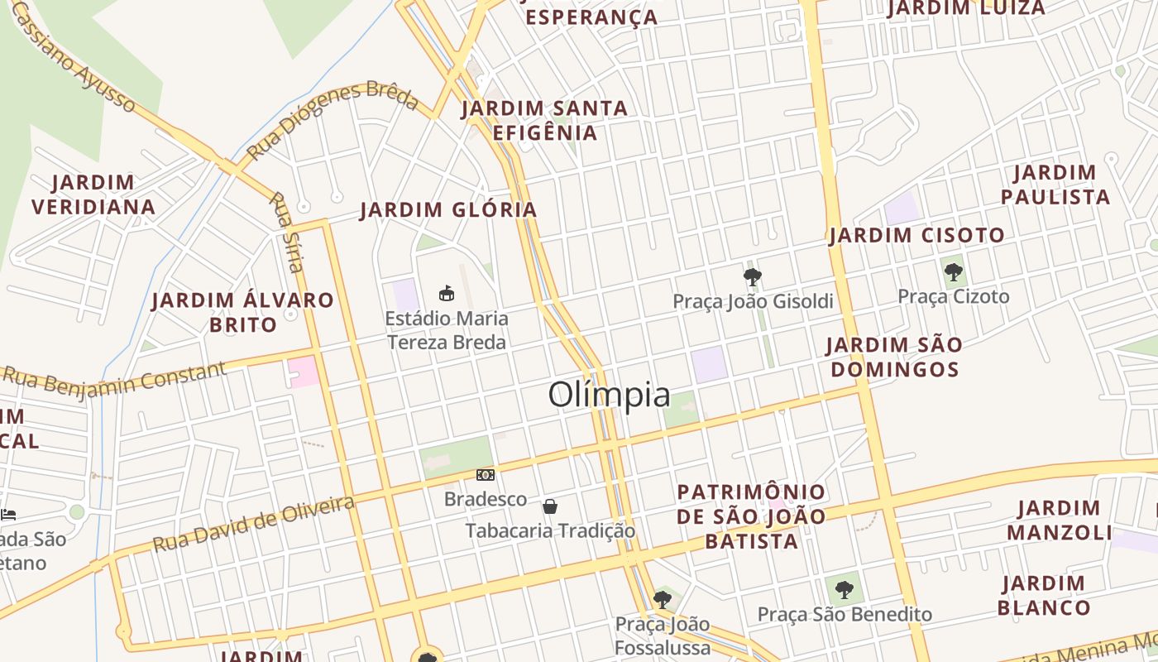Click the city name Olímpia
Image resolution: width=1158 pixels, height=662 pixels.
click(609, 395)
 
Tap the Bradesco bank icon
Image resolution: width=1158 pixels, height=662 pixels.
click(486, 475)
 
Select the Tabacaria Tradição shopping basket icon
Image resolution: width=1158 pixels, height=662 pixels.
click(550, 506)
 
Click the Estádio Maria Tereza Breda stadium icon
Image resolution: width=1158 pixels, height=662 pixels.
click(447, 293)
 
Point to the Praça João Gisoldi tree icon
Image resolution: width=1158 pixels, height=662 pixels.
click(752, 276)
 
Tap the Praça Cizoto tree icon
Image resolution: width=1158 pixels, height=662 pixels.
click(954, 271)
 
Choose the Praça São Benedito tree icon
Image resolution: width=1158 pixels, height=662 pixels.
click(844, 590)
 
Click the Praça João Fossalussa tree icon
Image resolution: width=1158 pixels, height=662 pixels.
click(662, 598)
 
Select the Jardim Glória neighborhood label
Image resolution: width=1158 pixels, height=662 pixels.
click(449, 210)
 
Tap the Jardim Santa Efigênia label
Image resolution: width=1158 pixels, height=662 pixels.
click(544, 120)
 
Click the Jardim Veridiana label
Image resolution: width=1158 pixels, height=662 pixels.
click(93, 194)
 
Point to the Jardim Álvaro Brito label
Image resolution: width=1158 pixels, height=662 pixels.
click(243, 312)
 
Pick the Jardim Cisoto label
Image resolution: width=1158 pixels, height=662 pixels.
click(917, 236)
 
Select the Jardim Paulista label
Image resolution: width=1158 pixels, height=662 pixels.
click(1055, 185)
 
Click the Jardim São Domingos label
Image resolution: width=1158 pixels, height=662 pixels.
click(894, 357)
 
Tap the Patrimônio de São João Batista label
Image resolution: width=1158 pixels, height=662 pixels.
click(751, 516)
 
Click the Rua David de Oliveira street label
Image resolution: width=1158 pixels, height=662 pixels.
click(254, 524)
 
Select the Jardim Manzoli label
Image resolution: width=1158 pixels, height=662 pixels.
click(1059, 520)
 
